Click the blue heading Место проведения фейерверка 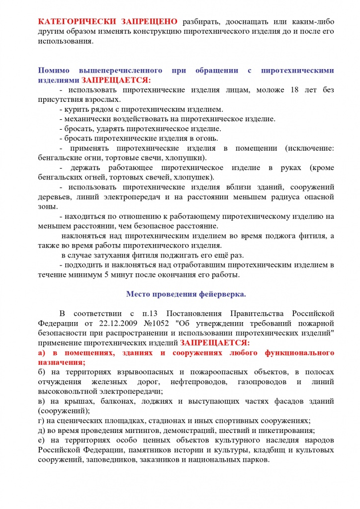pos(185,294)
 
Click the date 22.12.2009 pos(110,324)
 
